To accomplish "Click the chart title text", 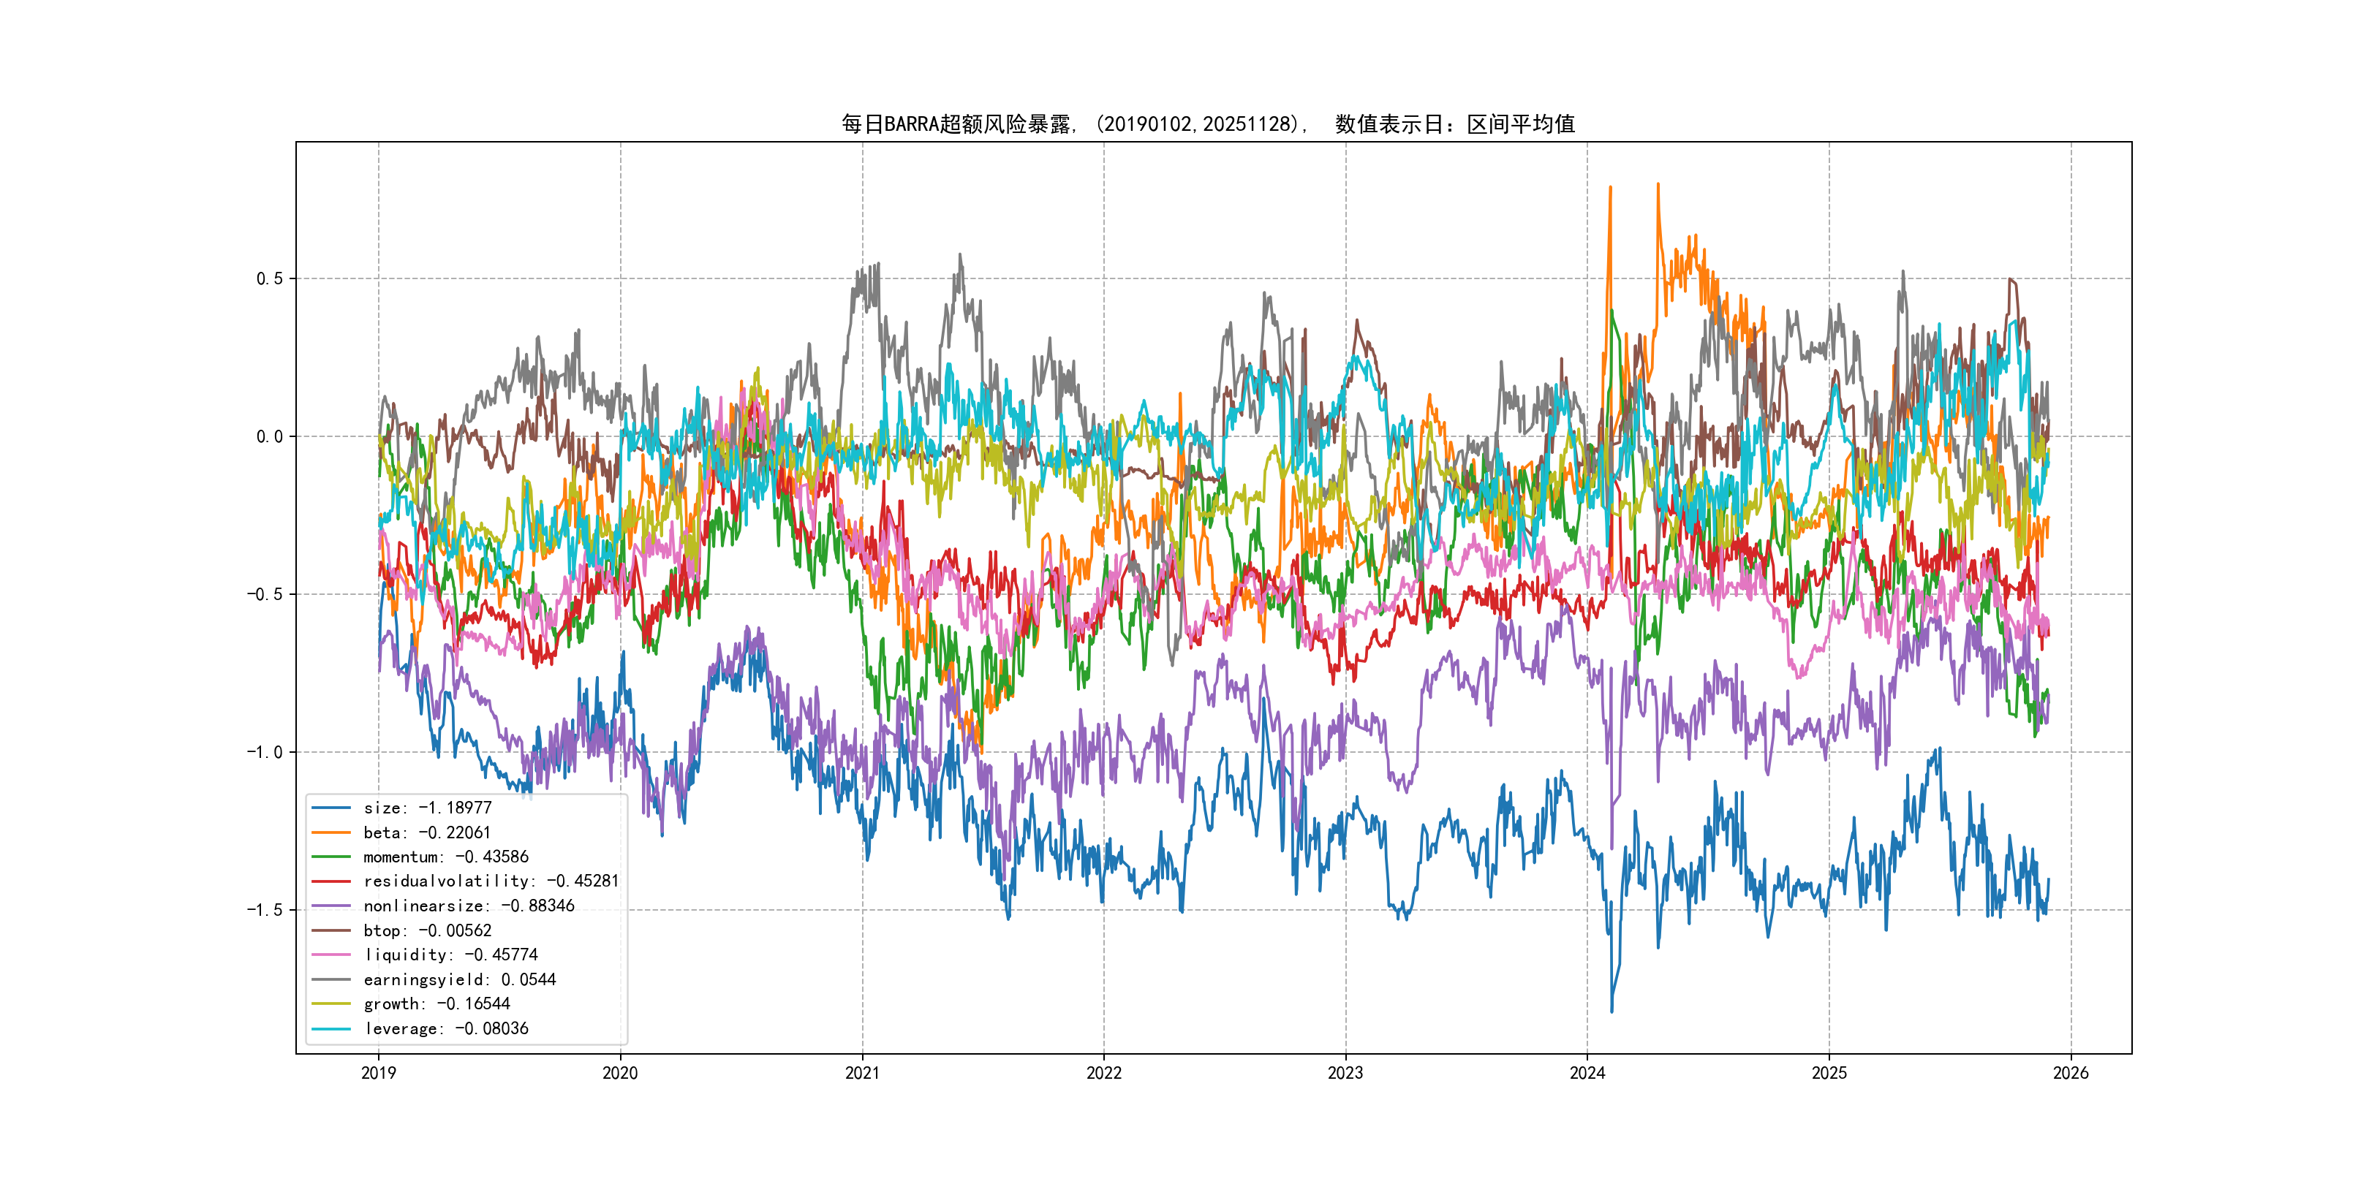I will click(x=1207, y=124).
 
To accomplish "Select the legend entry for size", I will click(x=427, y=808).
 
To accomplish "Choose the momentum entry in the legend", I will click(x=445, y=857).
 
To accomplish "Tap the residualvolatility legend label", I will click(x=490, y=881).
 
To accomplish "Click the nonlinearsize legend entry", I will click(x=468, y=906).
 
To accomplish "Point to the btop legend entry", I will click(x=427, y=931).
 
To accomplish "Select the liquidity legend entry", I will click(x=450, y=955).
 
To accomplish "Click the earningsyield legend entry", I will click(x=459, y=980).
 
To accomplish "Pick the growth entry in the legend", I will click(x=436, y=1003).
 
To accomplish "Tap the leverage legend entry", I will click(x=445, y=1028).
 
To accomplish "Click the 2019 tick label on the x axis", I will click(x=378, y=1073).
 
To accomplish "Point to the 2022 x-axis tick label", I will click(x=1103, y=1073).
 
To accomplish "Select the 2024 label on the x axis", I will click(x=1587, y=1073).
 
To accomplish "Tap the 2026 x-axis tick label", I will click(x=2071, y=1073).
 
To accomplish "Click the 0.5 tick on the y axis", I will click(x=270, y=278).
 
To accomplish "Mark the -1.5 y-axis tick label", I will click(x=264, y=910).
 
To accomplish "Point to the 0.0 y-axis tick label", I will click(x=270, y=436).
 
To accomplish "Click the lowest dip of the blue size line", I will click(x=1612, y=1012).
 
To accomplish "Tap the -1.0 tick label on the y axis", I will click(x=264, y=752).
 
